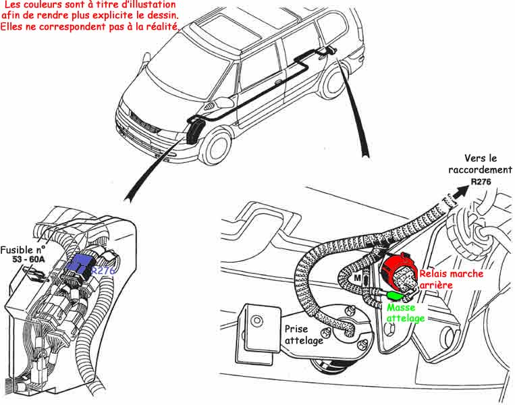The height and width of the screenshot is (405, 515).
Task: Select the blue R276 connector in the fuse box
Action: click(78, 265)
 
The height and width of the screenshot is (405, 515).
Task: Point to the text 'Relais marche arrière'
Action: click(450, 279)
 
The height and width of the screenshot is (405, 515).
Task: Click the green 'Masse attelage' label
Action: click(406, 313)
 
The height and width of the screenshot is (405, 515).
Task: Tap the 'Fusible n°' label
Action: click(25, 248)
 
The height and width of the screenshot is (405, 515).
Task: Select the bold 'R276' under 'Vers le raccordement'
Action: click(481, 182)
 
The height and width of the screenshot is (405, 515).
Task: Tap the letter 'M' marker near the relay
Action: click(358, 277)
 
